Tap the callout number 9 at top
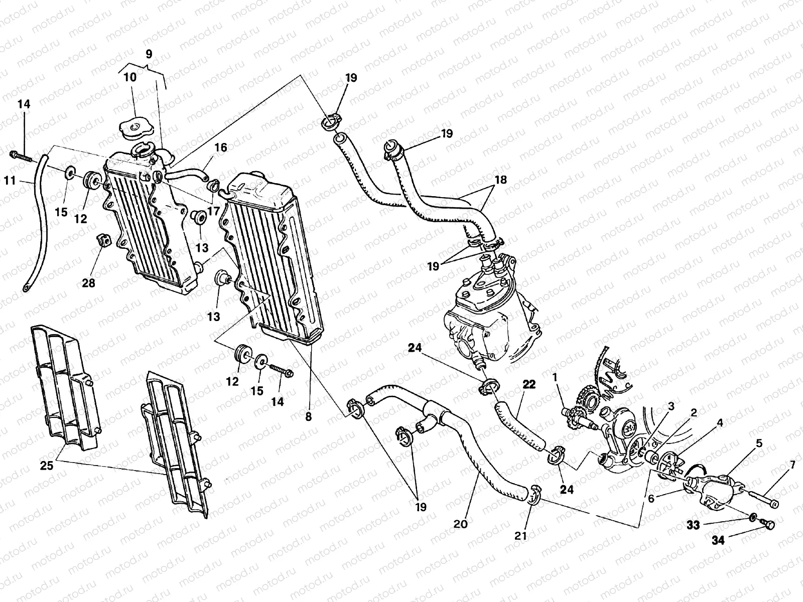point(148,54)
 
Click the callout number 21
point(521,536)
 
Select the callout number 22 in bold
point(529,385)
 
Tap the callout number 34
point(719,540)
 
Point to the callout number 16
point(221,147)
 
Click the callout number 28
point(88,284)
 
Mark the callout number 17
point(213,211)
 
